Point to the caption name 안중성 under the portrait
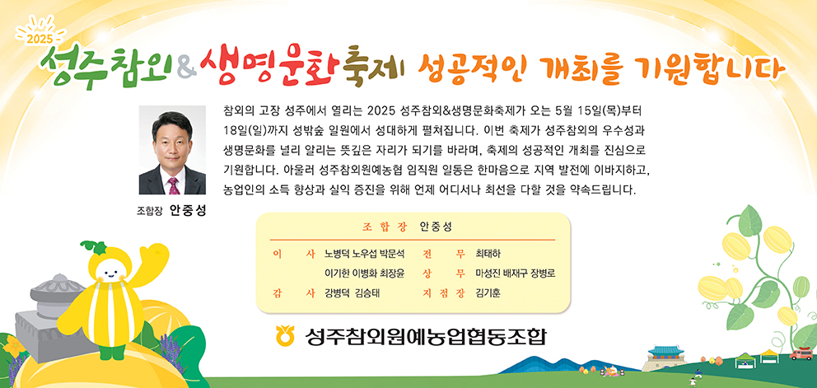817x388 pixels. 188,211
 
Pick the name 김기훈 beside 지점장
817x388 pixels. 488,293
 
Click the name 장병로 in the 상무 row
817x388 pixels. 543,273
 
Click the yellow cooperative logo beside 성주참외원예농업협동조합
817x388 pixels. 286,335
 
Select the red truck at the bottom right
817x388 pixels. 801,354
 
